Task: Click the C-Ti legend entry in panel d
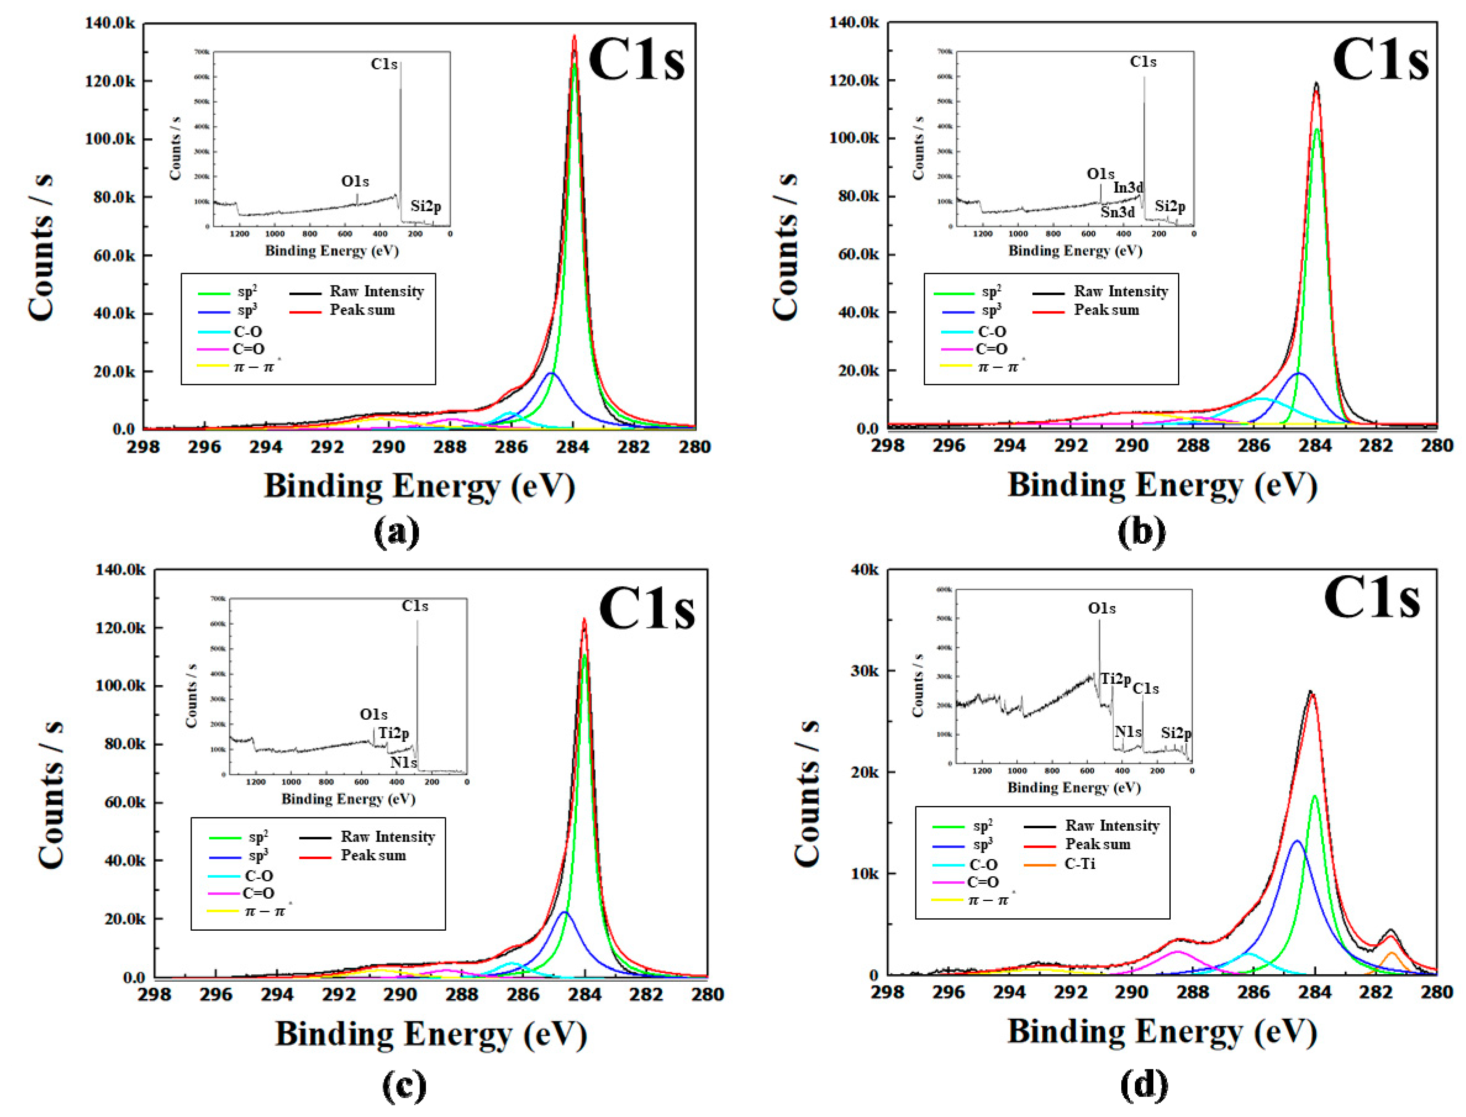[x=1079, y=864]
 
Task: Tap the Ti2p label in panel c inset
[x=394, y=733]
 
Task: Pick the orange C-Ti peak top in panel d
[x=1391, y=953]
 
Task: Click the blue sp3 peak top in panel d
[x=1297, y=841]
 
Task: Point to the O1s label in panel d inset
[x=1102, y=608]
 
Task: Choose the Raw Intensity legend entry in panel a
[x=376, y=291]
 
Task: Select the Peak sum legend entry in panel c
[x=373, y=856]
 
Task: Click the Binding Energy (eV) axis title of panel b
[x=1162, y=485]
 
